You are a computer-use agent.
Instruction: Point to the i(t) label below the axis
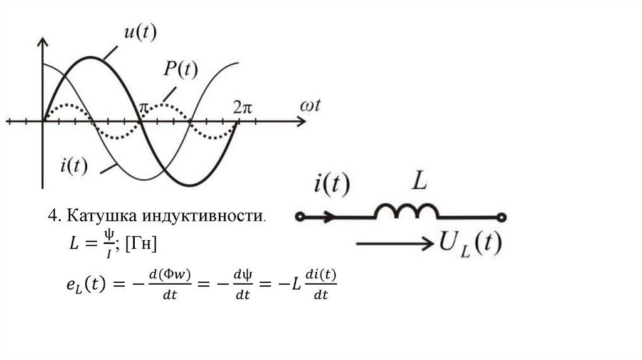point(74,166)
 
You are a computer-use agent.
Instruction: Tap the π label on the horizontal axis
point(144,107)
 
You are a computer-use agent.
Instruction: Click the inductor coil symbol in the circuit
point(406,211)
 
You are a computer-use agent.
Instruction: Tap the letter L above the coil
point(419,183)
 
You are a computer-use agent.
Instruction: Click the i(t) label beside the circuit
point(332,185)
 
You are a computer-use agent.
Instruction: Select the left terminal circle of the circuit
point(300,217)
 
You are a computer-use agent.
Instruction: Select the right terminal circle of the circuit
point(501,217)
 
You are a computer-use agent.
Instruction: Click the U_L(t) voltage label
point(470,243)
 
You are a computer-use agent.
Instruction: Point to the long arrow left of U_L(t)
point(394,243)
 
